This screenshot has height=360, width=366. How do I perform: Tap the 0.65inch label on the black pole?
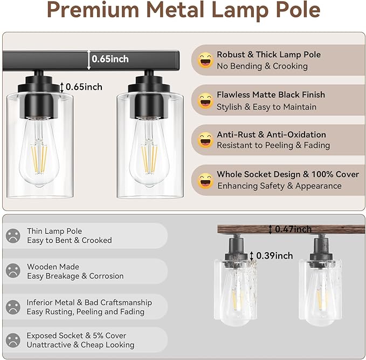[x=110, y=59]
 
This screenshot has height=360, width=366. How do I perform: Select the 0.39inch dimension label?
[x=274, y=255]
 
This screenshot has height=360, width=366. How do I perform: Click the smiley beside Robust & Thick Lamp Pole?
[x=205, y=60]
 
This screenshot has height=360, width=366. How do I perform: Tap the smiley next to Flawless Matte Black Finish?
[x=205, y=100]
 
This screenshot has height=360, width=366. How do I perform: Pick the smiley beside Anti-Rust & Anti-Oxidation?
[x=205, y=140]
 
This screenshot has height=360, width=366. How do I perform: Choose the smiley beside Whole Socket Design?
[x=205, y=180]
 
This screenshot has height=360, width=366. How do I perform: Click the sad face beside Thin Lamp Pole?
[x=13, y=236]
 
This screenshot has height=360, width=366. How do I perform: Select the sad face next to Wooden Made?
[x=13, y=271]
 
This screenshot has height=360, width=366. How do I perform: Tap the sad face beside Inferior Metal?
[x=13, y=307]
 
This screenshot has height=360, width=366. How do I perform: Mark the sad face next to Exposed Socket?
[x=13, y=340]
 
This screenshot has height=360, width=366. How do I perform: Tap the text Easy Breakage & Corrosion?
[x=75, y=276]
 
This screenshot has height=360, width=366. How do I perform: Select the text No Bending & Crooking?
[x=262, y=66]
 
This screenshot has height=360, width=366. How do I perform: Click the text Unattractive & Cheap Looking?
[x=80, y=345]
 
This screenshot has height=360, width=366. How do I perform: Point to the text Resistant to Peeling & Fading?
[x=273, y=145]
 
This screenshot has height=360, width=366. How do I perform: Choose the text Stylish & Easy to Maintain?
[x=266, y=107]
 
